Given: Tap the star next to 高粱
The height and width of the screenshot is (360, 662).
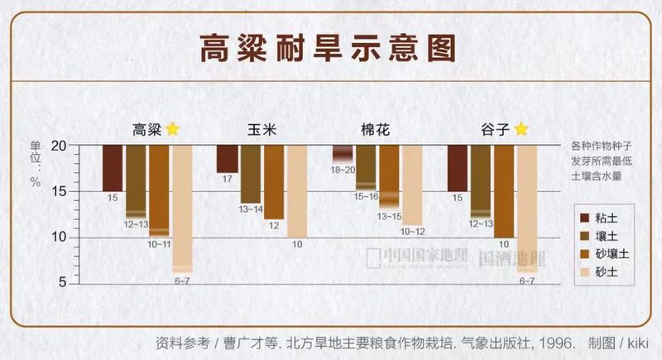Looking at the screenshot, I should [172, 129].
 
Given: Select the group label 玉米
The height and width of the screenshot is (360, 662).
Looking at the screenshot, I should [262, 130].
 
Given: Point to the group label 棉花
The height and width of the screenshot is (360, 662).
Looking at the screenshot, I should [375, 130].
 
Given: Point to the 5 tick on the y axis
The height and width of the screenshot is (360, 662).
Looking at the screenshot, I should [61, 283].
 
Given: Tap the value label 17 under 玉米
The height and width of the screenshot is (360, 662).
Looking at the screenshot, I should [227, 179].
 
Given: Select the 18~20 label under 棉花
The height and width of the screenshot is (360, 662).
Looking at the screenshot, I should [342, 169].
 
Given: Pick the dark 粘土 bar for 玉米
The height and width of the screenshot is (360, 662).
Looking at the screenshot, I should [227, 158].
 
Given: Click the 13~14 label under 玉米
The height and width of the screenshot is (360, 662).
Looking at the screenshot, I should [250, 210].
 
